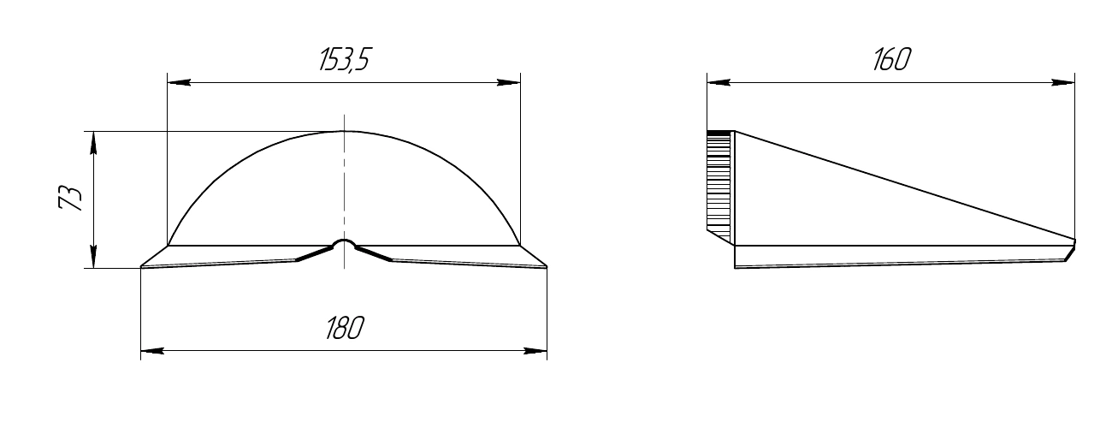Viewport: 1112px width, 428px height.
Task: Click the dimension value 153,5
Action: pyautogui.click(x=345, y=60)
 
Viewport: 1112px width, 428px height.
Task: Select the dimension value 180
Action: pyautogui.click(x=345, y=328)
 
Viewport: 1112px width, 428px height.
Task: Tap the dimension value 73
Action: pyautogui.click(x=70, y=198)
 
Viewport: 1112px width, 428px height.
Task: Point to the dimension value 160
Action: pyautogui.click(x=891, y=60)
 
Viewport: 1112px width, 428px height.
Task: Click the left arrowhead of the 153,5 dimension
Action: pyautogui.click(x=179, y=82)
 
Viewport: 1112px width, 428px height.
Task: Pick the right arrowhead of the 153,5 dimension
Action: pyautogui.click(x=508, y=82)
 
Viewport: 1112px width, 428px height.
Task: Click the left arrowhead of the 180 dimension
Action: pyautogui.click(x=152, y=351)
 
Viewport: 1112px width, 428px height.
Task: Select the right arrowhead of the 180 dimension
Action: pyautogui.click(x=535, y=351)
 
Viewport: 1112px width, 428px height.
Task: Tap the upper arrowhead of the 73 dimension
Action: pyautogui.click(x=94, y=144)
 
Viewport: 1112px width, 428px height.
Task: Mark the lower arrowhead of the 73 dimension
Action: pyautogui.click(x=94, y=256)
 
